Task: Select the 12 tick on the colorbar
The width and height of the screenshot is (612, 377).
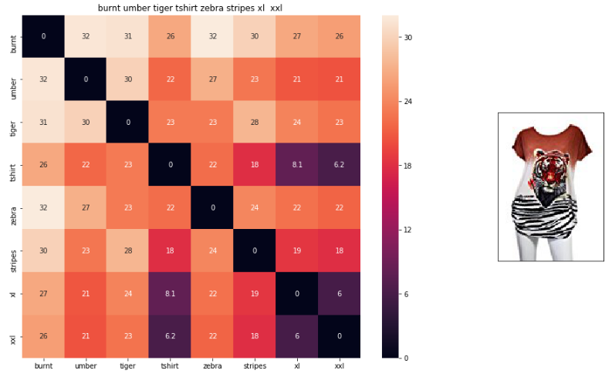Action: (x=406, y=230)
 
